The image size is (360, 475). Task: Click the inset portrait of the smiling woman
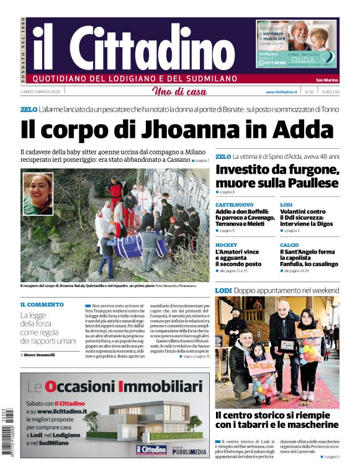click(38, 193)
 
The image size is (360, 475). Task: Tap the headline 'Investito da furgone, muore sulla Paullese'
click(277, 176)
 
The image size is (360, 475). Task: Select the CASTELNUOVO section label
click(234, 205)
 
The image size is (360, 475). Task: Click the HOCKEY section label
click(226, 245)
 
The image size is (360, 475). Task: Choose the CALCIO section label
click(289, 245)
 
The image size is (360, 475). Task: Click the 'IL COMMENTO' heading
click(42, 305)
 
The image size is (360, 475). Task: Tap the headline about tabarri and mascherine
click(277, 420)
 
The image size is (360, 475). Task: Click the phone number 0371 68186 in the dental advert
click(273, 63)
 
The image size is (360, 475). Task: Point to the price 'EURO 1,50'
click(330, 92)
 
